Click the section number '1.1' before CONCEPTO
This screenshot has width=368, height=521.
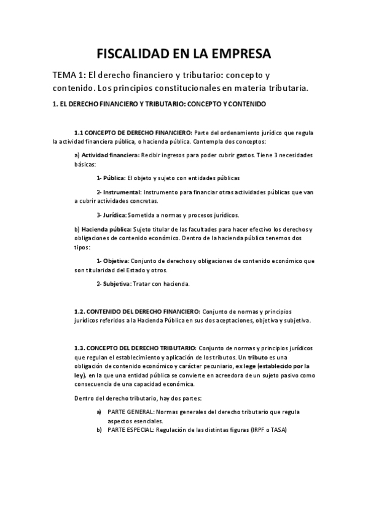[79, 133]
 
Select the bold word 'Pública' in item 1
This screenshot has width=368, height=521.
[114, 178]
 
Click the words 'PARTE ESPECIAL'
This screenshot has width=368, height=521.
[128, 430]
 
